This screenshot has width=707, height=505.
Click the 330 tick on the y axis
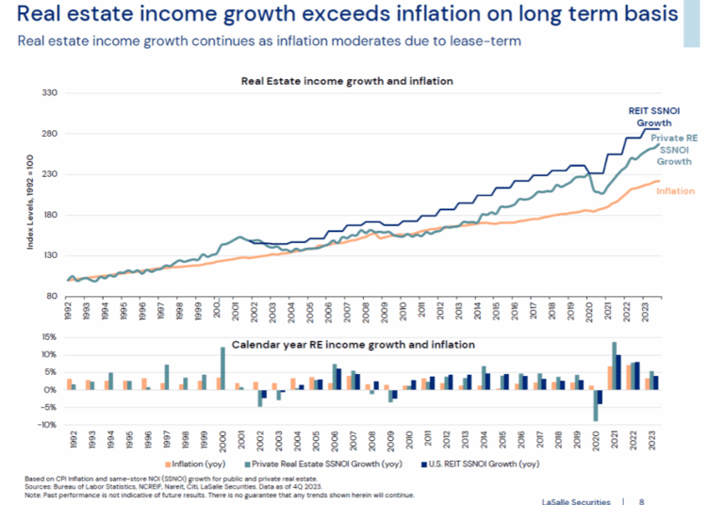coord(49,93)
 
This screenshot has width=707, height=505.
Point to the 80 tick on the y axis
coord(52,296)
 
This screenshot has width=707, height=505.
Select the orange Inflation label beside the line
coord(676,191)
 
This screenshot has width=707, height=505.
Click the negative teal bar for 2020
coord(596,405)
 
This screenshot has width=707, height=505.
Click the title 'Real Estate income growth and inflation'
coord(347,81)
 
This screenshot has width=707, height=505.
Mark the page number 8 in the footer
coord(642,498)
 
